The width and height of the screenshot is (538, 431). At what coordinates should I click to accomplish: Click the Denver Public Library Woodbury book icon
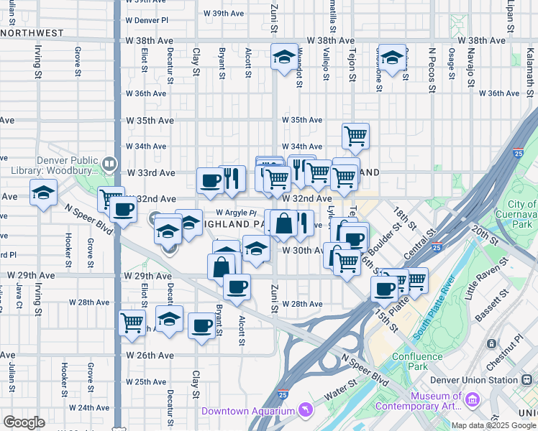[x=109, y=164]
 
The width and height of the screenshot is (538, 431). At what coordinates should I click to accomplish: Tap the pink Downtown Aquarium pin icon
[x=307, y=410]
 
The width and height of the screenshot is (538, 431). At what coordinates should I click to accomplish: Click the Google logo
[x=24, y=422]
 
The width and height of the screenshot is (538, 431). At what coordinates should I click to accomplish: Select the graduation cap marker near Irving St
[x=43, y=193]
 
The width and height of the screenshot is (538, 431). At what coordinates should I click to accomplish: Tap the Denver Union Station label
[x=474, y=380]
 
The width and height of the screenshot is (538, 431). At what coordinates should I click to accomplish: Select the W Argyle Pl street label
[x=236, y=213]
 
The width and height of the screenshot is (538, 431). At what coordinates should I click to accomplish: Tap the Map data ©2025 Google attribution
[x=493, y=425]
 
